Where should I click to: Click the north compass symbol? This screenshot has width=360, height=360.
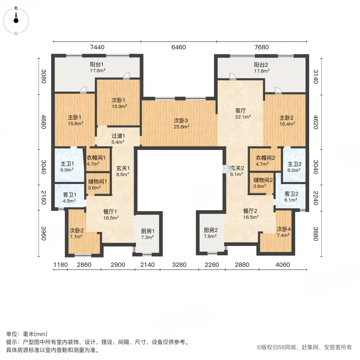[16, 21]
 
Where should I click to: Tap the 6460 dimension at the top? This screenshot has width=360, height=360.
[179, 47]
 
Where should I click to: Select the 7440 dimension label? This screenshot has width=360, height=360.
[97, 47]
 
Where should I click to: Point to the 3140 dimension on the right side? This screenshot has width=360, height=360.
[316, 77]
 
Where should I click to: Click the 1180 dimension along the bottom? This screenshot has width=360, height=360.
[60, 265]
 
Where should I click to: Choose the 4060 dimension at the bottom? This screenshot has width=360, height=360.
[283, 265]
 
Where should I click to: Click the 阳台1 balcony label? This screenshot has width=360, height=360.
[97, 64]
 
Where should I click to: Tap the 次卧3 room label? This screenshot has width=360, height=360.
[181, 120]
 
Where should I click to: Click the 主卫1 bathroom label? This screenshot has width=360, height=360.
[67, 164]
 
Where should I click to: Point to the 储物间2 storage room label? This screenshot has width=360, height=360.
[263, 180]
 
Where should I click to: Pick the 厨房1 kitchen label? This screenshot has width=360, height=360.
[148, 231]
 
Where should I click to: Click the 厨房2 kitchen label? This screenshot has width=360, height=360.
[211, 230]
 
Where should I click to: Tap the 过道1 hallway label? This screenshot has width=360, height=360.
[118, 136]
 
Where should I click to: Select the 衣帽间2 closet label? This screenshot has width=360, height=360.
[266, 158]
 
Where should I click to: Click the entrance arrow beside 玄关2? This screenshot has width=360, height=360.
[226, 169]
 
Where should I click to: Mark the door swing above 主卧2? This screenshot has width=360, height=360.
[278, 90]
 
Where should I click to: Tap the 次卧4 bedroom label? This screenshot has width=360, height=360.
[284, 229]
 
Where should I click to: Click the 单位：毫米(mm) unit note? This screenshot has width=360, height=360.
[27, 334]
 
